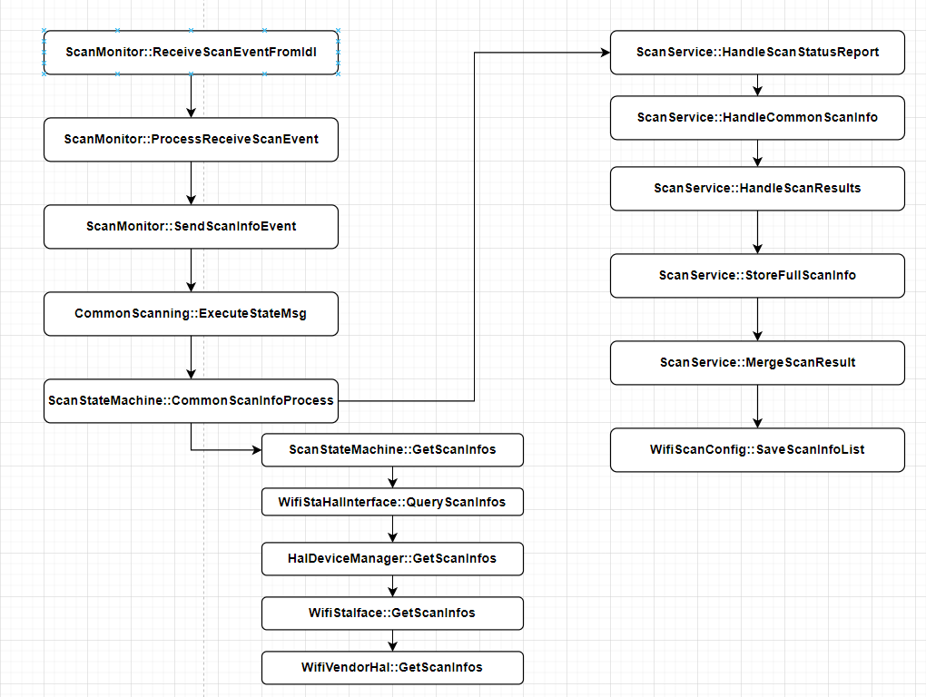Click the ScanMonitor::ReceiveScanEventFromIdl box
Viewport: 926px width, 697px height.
191,53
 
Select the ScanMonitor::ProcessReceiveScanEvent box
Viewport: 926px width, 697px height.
191,139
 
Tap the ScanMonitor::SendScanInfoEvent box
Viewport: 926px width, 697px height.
191,227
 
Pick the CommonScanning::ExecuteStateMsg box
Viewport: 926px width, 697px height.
191,313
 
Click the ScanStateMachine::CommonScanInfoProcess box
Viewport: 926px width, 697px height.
191,401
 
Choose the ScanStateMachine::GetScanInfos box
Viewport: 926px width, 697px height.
392,450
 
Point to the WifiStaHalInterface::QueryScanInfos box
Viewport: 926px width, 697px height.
392,502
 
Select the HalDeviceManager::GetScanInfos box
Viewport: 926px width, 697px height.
392,558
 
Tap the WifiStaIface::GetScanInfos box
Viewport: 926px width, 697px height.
392,614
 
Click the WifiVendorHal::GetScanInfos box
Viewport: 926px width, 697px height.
392,667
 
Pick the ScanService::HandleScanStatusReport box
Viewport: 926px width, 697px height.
757,53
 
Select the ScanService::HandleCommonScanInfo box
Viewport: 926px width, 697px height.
757,117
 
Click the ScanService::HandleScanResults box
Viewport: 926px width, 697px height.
757,188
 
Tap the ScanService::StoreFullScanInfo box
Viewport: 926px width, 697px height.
757,276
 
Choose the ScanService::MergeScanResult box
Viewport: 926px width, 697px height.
757,362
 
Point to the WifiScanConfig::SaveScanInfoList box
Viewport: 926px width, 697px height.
757,450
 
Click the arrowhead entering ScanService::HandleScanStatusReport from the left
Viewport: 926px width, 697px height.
606,53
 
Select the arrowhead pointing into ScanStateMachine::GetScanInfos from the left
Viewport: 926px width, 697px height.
257,450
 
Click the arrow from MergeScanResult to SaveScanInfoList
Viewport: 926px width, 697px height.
758,406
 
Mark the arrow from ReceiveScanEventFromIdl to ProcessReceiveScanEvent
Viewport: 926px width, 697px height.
191,96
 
